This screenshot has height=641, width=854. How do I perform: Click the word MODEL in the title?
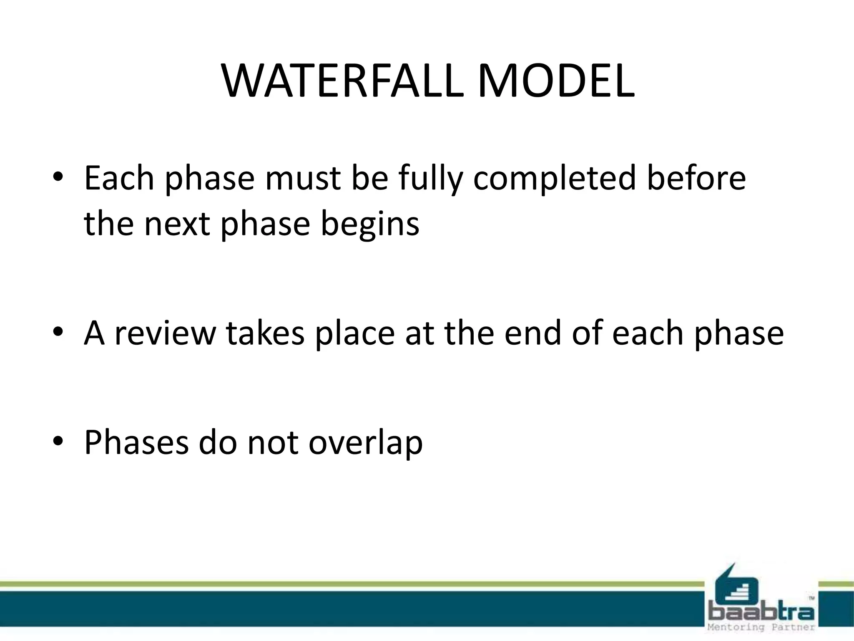click(556, 81)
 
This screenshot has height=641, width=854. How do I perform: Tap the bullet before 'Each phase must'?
click(58, 177)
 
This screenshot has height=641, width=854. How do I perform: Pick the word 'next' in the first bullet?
click(176, 225)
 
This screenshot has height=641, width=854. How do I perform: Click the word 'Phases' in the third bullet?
click(136, 442)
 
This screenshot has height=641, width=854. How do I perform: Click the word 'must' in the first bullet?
click(303, 179)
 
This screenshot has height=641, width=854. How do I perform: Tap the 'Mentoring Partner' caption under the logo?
click(761, 627)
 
